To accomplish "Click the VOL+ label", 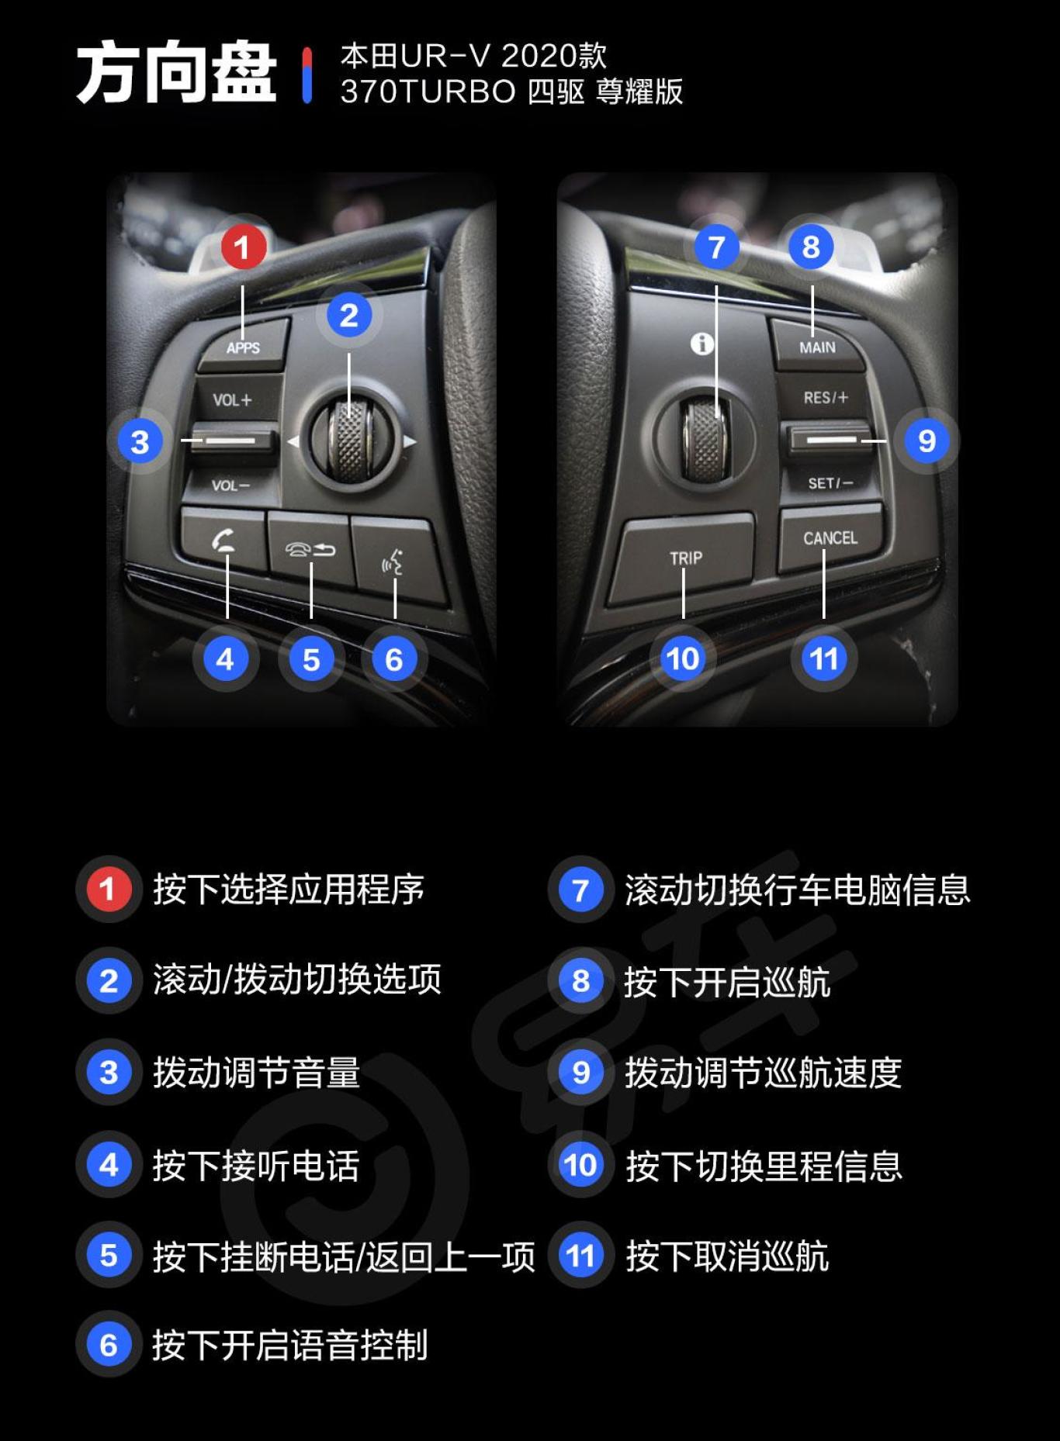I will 232,400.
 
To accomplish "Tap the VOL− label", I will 230,486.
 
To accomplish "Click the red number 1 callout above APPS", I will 243,247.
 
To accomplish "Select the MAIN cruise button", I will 817,347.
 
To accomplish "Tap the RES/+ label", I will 826,398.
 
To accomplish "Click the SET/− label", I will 830,483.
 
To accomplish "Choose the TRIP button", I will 685,558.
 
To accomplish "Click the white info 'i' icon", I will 702,343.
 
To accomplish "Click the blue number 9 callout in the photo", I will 927,441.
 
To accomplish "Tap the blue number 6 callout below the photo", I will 394,659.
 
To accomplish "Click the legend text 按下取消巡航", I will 727,1256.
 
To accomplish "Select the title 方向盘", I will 177,74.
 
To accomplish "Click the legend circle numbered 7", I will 580,890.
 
